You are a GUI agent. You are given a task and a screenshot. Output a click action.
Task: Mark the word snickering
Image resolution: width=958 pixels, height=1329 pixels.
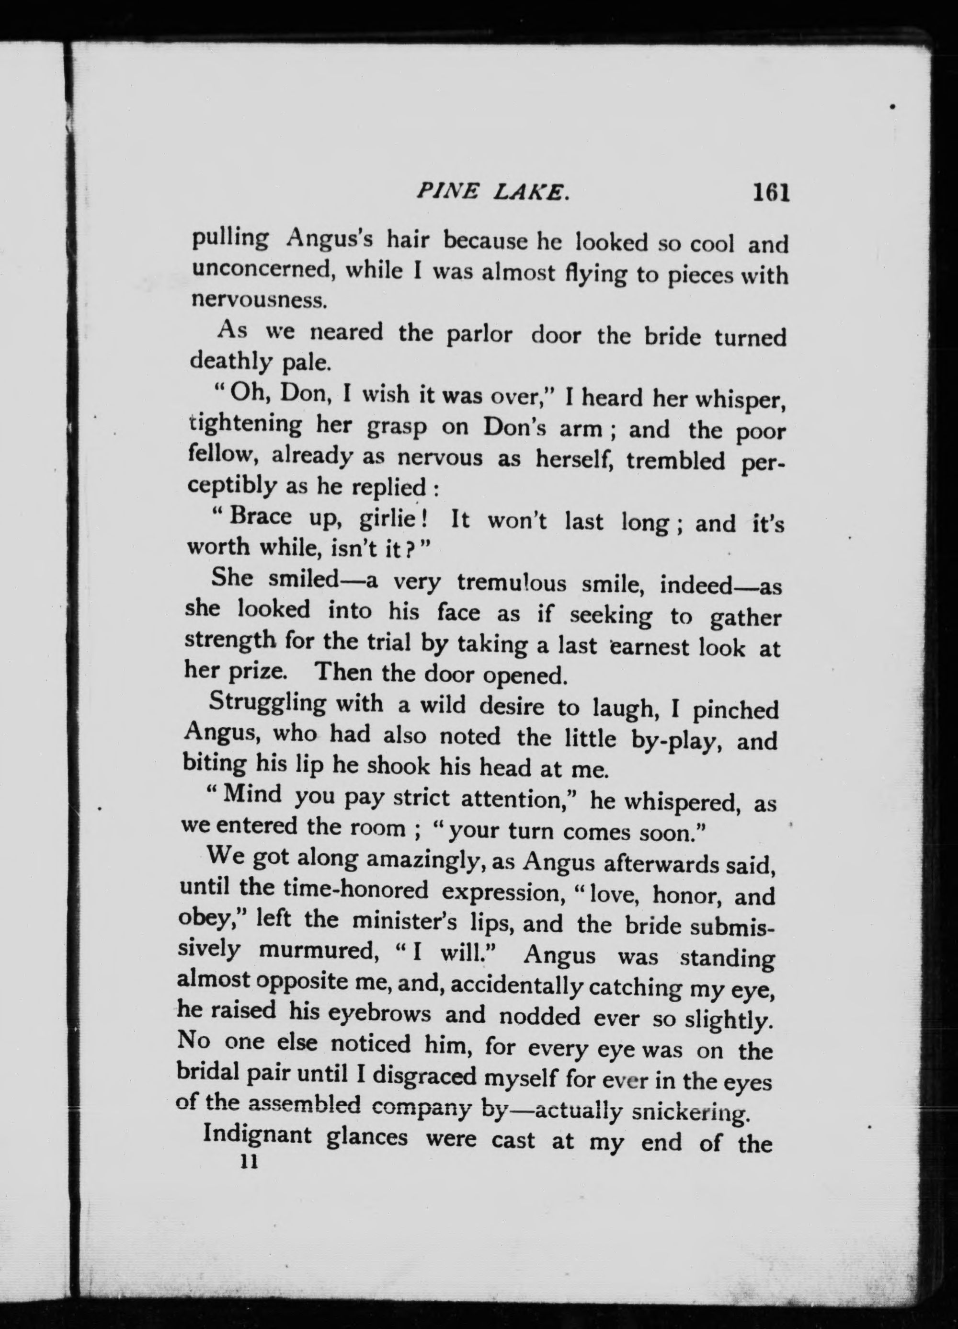tap(691, 1111)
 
